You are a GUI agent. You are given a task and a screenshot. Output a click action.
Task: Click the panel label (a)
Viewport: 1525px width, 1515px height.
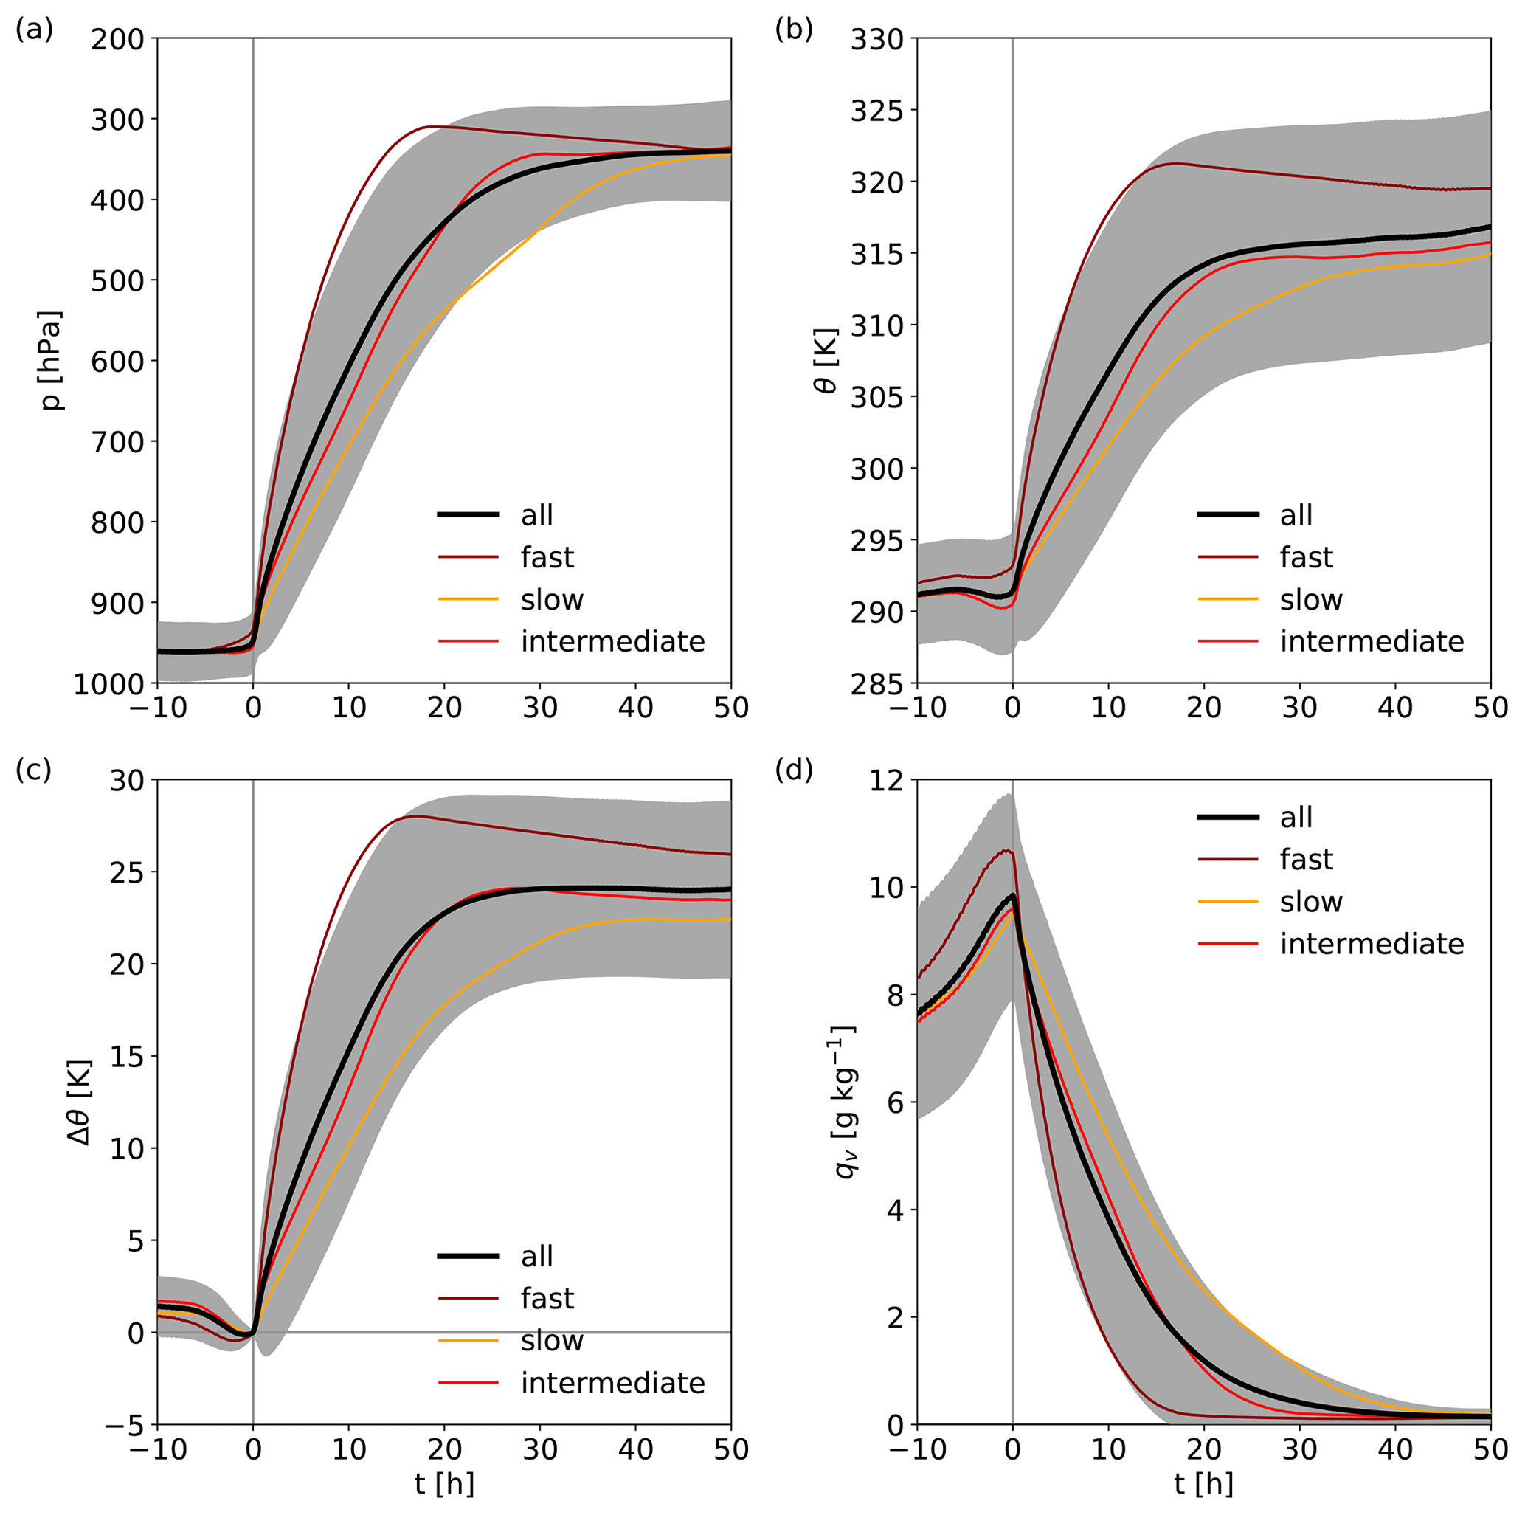click(34, 30)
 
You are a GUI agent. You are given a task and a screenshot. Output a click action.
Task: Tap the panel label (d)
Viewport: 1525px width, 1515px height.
click(793, 770)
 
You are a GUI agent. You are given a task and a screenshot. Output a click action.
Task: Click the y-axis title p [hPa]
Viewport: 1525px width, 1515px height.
click(53, 360)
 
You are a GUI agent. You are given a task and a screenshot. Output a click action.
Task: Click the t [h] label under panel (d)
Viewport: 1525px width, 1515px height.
click(1203, 1484)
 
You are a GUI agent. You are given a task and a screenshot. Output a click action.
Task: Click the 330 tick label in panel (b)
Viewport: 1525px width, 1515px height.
click(877, 38)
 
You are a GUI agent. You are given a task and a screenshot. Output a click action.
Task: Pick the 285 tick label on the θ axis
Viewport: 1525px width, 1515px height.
click(877, 683)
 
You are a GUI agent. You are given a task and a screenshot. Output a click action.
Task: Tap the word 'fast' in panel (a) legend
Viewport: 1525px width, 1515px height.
click(547, 557)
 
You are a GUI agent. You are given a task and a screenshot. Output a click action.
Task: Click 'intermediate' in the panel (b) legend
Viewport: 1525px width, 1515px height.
click(1372, 642)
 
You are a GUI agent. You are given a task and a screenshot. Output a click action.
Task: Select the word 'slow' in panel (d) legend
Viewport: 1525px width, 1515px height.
click(1311, 902)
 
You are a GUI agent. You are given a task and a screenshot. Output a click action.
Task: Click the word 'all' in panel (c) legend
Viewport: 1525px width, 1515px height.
click(537, 1256)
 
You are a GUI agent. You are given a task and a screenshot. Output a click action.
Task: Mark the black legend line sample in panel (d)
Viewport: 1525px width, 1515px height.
click(1228, 818)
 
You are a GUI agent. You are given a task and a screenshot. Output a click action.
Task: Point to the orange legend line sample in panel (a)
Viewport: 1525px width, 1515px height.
click(468, 600)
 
